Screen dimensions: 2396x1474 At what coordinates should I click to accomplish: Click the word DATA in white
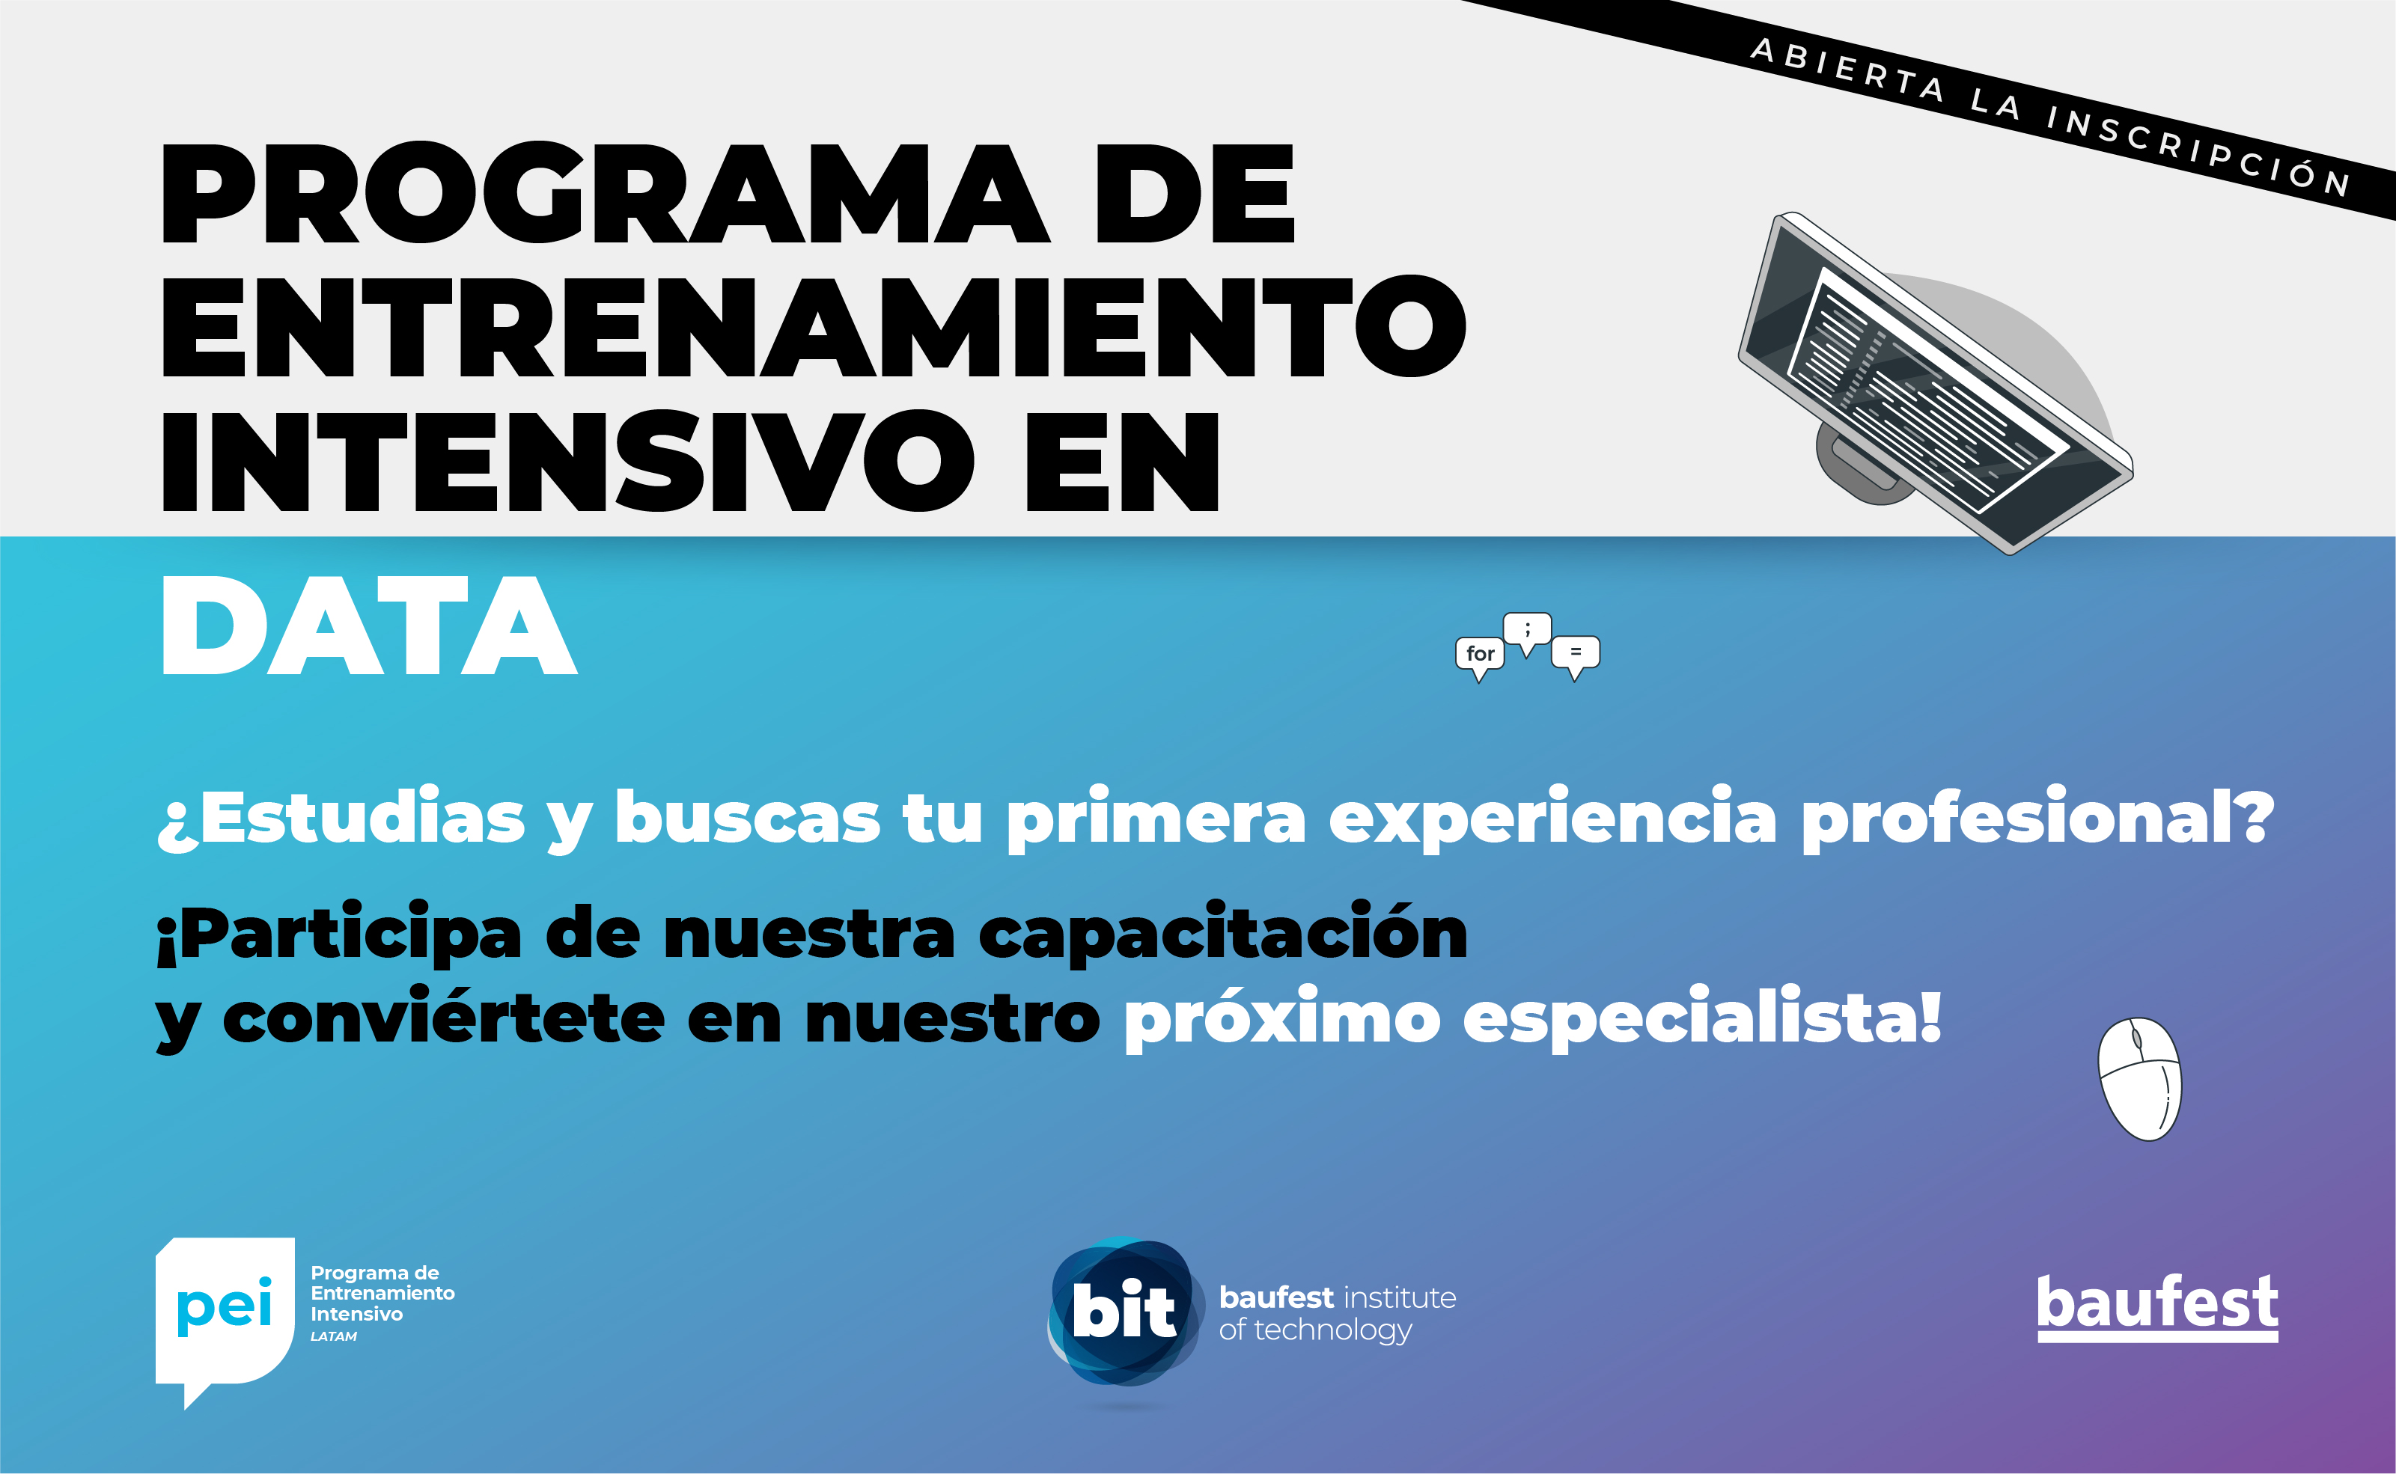pos(370,625)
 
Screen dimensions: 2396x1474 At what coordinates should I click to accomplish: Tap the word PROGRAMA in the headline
pos(606,193)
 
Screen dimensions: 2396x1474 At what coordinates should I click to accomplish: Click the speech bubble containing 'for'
pos(1479,656)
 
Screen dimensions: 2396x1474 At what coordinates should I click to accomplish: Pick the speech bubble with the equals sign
pos(1575,655)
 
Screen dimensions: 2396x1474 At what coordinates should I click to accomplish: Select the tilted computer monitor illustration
pos(1935,383)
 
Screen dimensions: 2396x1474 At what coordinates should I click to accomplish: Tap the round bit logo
pos(1124,1312)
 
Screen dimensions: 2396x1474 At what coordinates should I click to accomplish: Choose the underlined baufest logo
pos(2157,1306)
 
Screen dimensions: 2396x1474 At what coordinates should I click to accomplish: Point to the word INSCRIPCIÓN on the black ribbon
pos(2199,151)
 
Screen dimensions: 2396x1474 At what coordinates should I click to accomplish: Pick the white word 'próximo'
pos(1282,1018)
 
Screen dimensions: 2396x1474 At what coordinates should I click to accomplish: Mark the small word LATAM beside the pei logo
pos(334,1336)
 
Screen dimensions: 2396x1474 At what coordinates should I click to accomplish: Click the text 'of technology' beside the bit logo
pos(1315,1330)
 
